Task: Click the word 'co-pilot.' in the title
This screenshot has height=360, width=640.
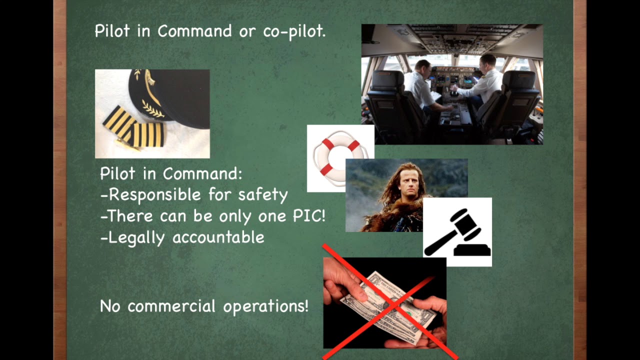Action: [x=294, y=31]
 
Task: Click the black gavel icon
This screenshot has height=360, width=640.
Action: [x=457, y=232]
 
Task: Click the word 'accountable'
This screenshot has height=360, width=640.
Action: [x=218, y=237]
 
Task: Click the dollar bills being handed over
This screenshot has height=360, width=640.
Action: [x=385, y=302]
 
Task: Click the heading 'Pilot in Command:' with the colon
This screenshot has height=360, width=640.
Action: [x=171, y=173]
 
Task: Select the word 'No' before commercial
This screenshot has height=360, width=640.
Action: [x=110, y=306]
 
